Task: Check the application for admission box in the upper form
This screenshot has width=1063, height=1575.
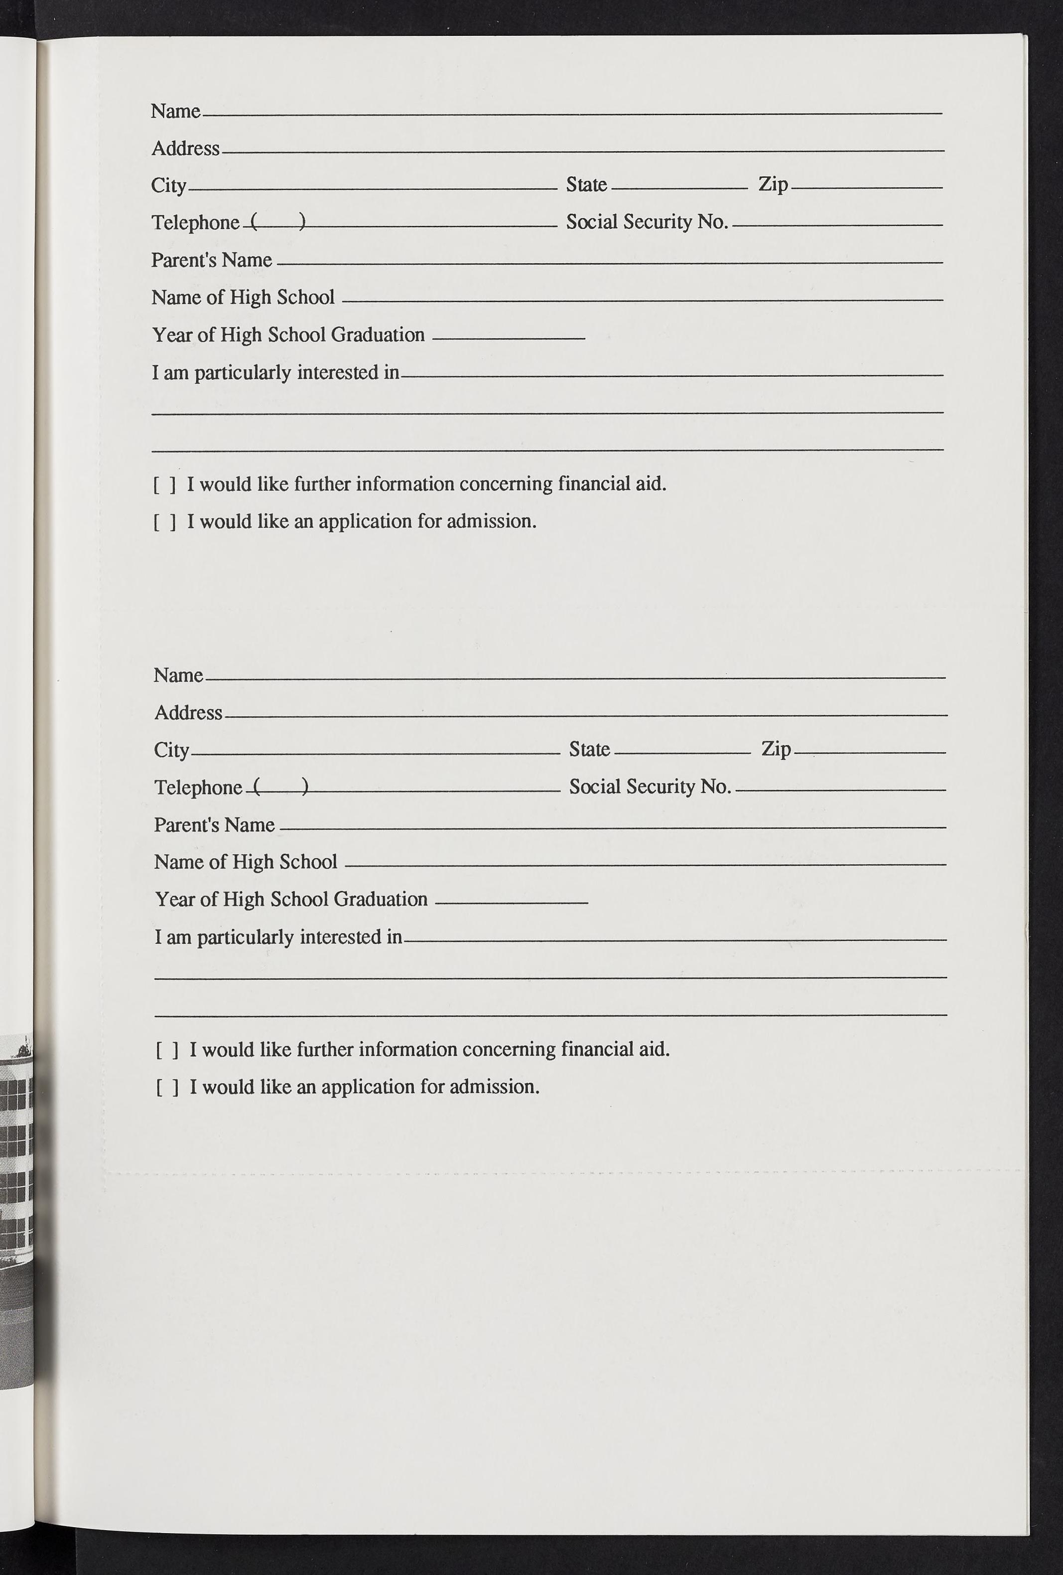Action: pos(165,522)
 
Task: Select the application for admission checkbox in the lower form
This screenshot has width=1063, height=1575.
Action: pos(167,1088)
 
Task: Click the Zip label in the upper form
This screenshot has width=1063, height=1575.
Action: pos(773,184)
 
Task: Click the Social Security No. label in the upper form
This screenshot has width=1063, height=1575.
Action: pos(647,222)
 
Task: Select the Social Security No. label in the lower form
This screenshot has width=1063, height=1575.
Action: pos(650,787)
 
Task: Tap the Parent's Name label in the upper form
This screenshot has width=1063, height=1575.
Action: pos(211,260)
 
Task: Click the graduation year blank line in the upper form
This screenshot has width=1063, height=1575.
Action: pos(508,337)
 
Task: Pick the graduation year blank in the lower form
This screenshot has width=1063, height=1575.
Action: pos(512,902)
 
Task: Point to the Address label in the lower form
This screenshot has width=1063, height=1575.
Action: pos(188,713)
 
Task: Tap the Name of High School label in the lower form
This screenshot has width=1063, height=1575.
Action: pos(245,862)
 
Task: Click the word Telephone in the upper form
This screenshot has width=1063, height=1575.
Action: pos(195,223)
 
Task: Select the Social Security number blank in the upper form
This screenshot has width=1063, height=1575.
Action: pos(837,224)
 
